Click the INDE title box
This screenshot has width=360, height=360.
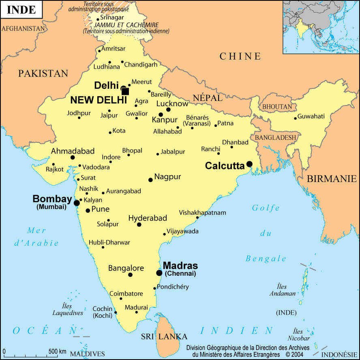(x=21, y=10)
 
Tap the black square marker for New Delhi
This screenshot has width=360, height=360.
(x=125, y=92)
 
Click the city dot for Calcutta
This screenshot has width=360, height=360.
(x=249, y=164)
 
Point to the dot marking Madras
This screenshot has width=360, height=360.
(x=159, y=273)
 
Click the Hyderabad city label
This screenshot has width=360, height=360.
(x=148, y=218)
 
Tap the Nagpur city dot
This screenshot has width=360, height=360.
(x=150, y=180)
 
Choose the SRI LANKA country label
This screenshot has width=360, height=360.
(x=164, y=336)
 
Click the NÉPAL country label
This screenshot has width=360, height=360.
(x=208, y=98)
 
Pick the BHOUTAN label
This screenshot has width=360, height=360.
(x=277, y=107)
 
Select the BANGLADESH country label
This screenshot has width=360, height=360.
(x=276, y=137)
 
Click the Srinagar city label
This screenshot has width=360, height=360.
(x=111, y=17)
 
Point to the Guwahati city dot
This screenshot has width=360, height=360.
(x=295, y=118)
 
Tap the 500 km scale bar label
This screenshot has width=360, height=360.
(x=57, y=351)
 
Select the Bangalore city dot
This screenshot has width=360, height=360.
(x=130, y=275)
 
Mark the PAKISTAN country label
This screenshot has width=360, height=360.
(x=43, y=73)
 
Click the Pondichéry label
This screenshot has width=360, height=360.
(x=174, y=287)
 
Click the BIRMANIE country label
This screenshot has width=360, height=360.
(x=332, y=178)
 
